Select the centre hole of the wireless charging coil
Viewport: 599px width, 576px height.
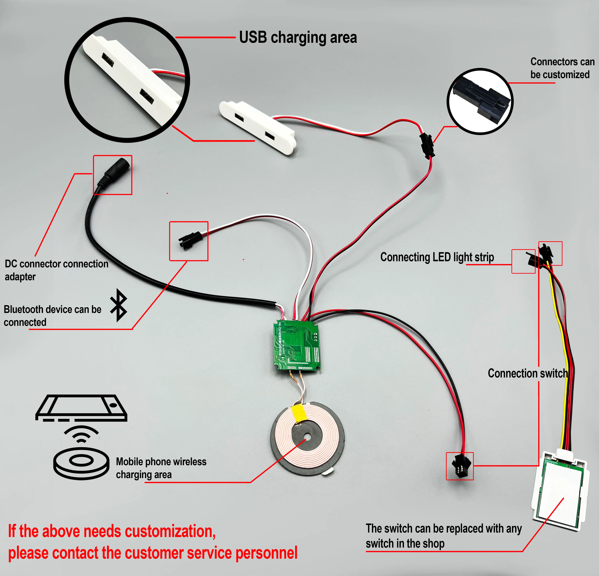308,438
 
